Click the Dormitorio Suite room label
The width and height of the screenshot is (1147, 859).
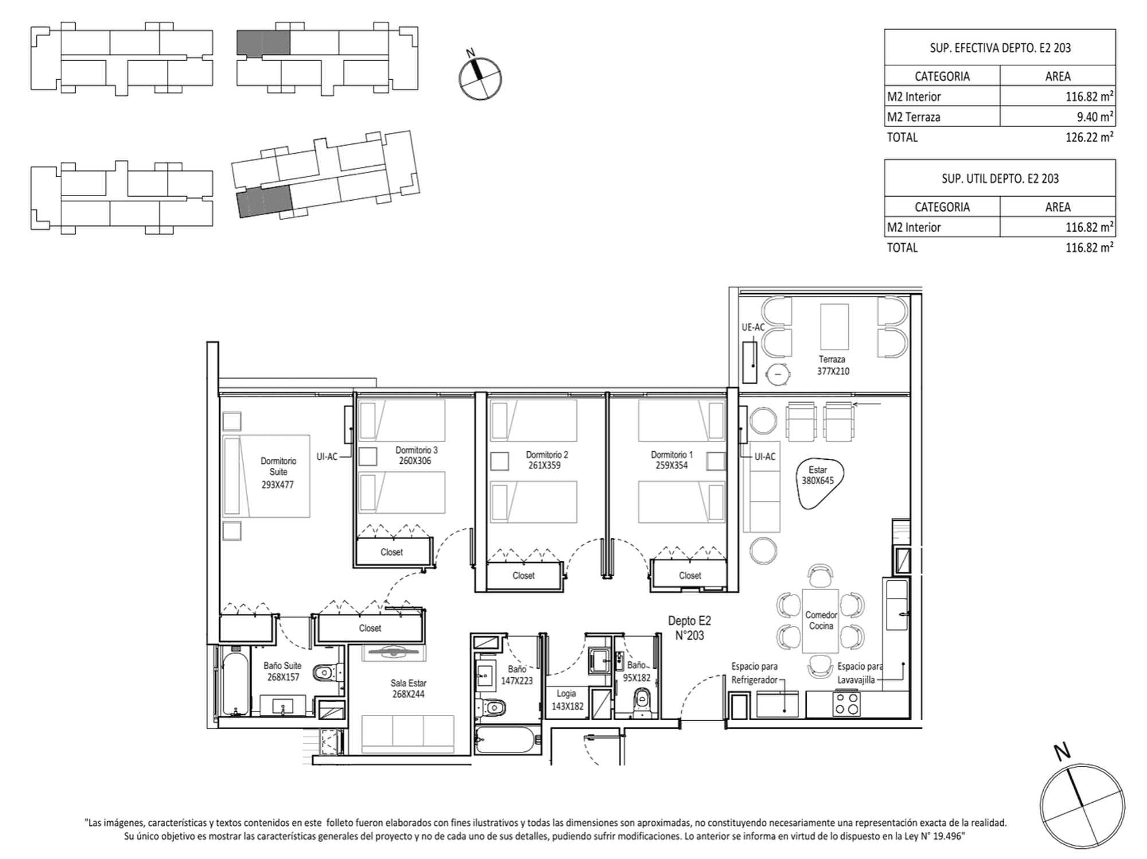(x=278, y=473)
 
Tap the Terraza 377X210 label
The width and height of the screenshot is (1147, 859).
(x=833, y=365)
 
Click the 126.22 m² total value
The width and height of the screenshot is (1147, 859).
(x=1090, y=137)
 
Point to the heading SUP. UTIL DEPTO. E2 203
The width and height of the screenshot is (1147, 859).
(x=1000, y=178)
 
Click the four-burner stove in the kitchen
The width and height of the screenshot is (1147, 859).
(x=846, y=704)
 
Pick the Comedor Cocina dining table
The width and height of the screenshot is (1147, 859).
(x=820, y=621)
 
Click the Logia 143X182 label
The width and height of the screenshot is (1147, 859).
(x=567, y=700)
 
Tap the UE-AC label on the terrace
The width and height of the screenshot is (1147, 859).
(x=753, y=327)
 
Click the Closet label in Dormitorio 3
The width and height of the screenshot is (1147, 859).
(x=392, y=552)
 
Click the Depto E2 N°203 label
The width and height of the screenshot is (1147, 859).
(x=689, y=628)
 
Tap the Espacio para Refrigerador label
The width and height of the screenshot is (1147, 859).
(x=754, y=673)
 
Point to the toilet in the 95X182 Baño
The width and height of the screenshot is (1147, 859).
(x=642, y=701)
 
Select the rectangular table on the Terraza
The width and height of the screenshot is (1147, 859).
(x=834, y=327)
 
